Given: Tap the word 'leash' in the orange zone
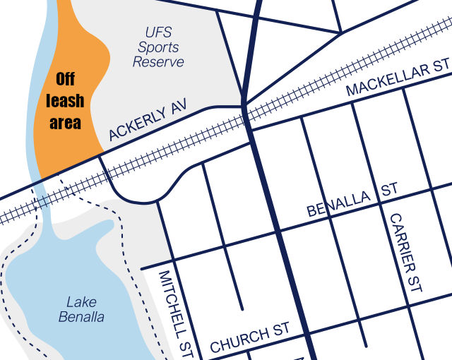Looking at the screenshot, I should pyautogui.click(x=65, y=102).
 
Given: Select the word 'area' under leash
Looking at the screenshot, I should pyautogui.click(x=65, y=123).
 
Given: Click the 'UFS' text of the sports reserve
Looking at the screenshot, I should pyautogui.click(x=158, y=32).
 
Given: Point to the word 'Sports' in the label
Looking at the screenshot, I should pyautogui.click(x=158, y=47).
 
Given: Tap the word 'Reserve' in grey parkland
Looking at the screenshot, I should pyautogui.click(x=158, y=62).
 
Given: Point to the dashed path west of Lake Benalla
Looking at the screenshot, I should pyautogui.click(x=7, y=282).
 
